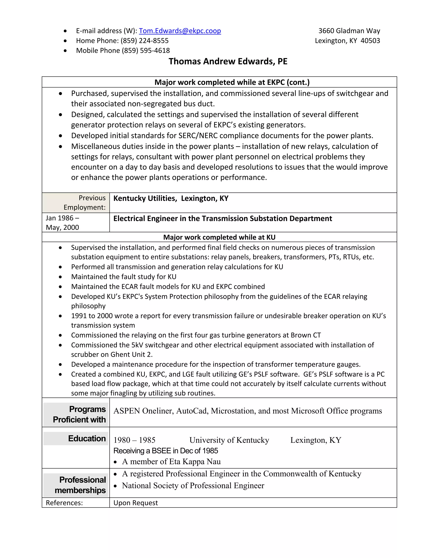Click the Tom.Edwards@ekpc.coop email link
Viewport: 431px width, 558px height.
(x=180, y=31)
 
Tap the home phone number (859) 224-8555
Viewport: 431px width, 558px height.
(x=145, y=41)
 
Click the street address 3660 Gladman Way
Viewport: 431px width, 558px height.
(x=349, y=31)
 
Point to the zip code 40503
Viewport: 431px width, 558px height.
(x=370, y=41)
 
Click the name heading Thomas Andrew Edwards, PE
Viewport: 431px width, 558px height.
(x=228, y=61)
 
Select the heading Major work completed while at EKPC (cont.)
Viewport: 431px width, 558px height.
(x=232, y=82)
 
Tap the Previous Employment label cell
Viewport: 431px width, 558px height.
(x=84, y=203)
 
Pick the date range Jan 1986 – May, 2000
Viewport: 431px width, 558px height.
(x=63, y=223)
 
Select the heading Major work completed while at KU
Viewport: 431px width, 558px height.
(x=219, y=237)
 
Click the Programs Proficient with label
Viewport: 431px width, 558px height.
(x=79, y=414)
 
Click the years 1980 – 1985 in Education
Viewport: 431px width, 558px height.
(x=134, y=440)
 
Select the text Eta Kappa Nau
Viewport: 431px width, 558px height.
(x=195, y=462)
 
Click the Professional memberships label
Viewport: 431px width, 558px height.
(x=80, y=485)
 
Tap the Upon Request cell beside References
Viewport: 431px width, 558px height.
(x=136, y=503)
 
